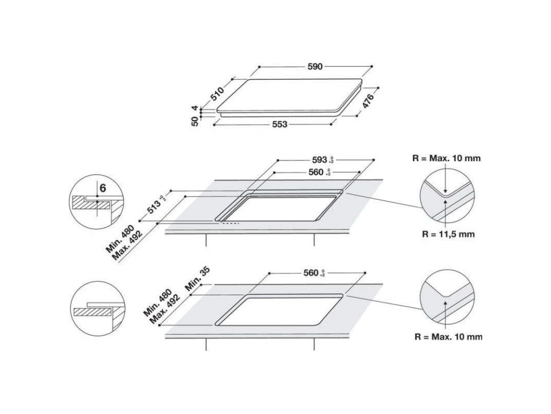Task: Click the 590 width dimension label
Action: coord(315,67)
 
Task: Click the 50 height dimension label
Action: coord(195,121)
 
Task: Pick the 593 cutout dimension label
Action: coord(320,160)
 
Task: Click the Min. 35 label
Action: coord(197,279)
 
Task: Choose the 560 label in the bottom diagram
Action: coord(312,273)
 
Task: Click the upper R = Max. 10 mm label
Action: coord(446,158)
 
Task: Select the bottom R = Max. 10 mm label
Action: coord(448,337)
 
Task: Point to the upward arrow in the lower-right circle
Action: coord(446,310)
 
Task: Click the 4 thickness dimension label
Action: coord(195,108)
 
